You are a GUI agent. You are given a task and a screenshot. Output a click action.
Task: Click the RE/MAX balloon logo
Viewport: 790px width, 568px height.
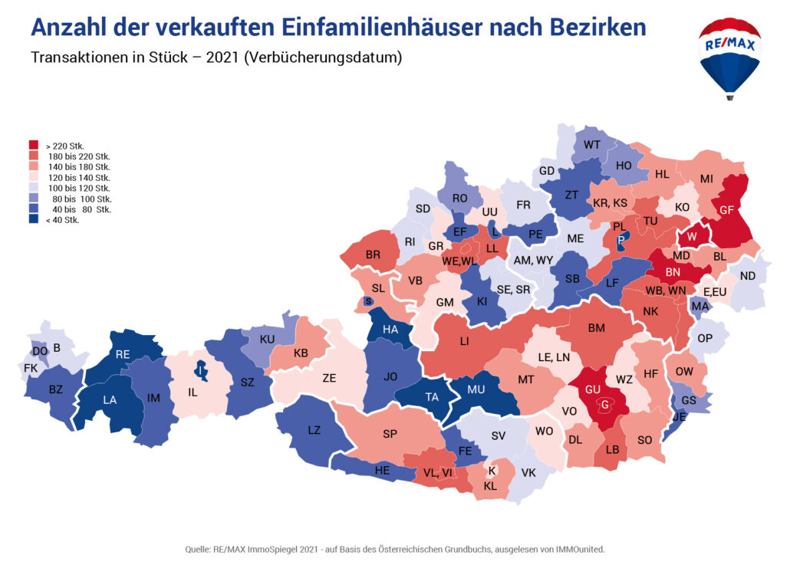tap(729, 57)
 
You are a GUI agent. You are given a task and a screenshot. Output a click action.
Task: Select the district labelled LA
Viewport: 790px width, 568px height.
tap(110, 399)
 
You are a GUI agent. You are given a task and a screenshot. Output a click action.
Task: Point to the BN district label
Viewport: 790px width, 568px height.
tap(673, 272)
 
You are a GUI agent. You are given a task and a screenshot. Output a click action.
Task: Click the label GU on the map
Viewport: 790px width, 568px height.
tap(592, 389)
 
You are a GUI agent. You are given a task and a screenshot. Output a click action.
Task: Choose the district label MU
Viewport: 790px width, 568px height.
tap(476, 389)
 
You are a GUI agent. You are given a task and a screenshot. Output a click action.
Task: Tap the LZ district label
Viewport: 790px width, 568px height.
tap(314, 430)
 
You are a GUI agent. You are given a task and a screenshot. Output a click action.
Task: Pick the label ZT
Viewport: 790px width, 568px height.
tap(571, 195)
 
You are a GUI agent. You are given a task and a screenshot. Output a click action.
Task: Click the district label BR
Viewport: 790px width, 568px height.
tap(374, 254)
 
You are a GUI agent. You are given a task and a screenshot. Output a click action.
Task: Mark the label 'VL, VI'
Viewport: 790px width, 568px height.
tap(438, 473)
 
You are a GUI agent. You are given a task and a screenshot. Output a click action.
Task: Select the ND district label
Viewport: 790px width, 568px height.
tap(748, 276)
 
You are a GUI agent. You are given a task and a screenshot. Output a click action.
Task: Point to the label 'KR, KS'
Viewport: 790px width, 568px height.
tap(611, 203)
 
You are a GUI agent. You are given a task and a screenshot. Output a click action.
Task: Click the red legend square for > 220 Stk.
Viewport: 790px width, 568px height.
tap(34, 145)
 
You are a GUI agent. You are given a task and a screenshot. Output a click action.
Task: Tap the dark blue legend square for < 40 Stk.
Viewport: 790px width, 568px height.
tap(34, 220)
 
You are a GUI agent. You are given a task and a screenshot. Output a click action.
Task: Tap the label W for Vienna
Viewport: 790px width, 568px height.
tap(692, 237)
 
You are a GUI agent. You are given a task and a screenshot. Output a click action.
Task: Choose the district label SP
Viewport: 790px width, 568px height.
tap(390, 434)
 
